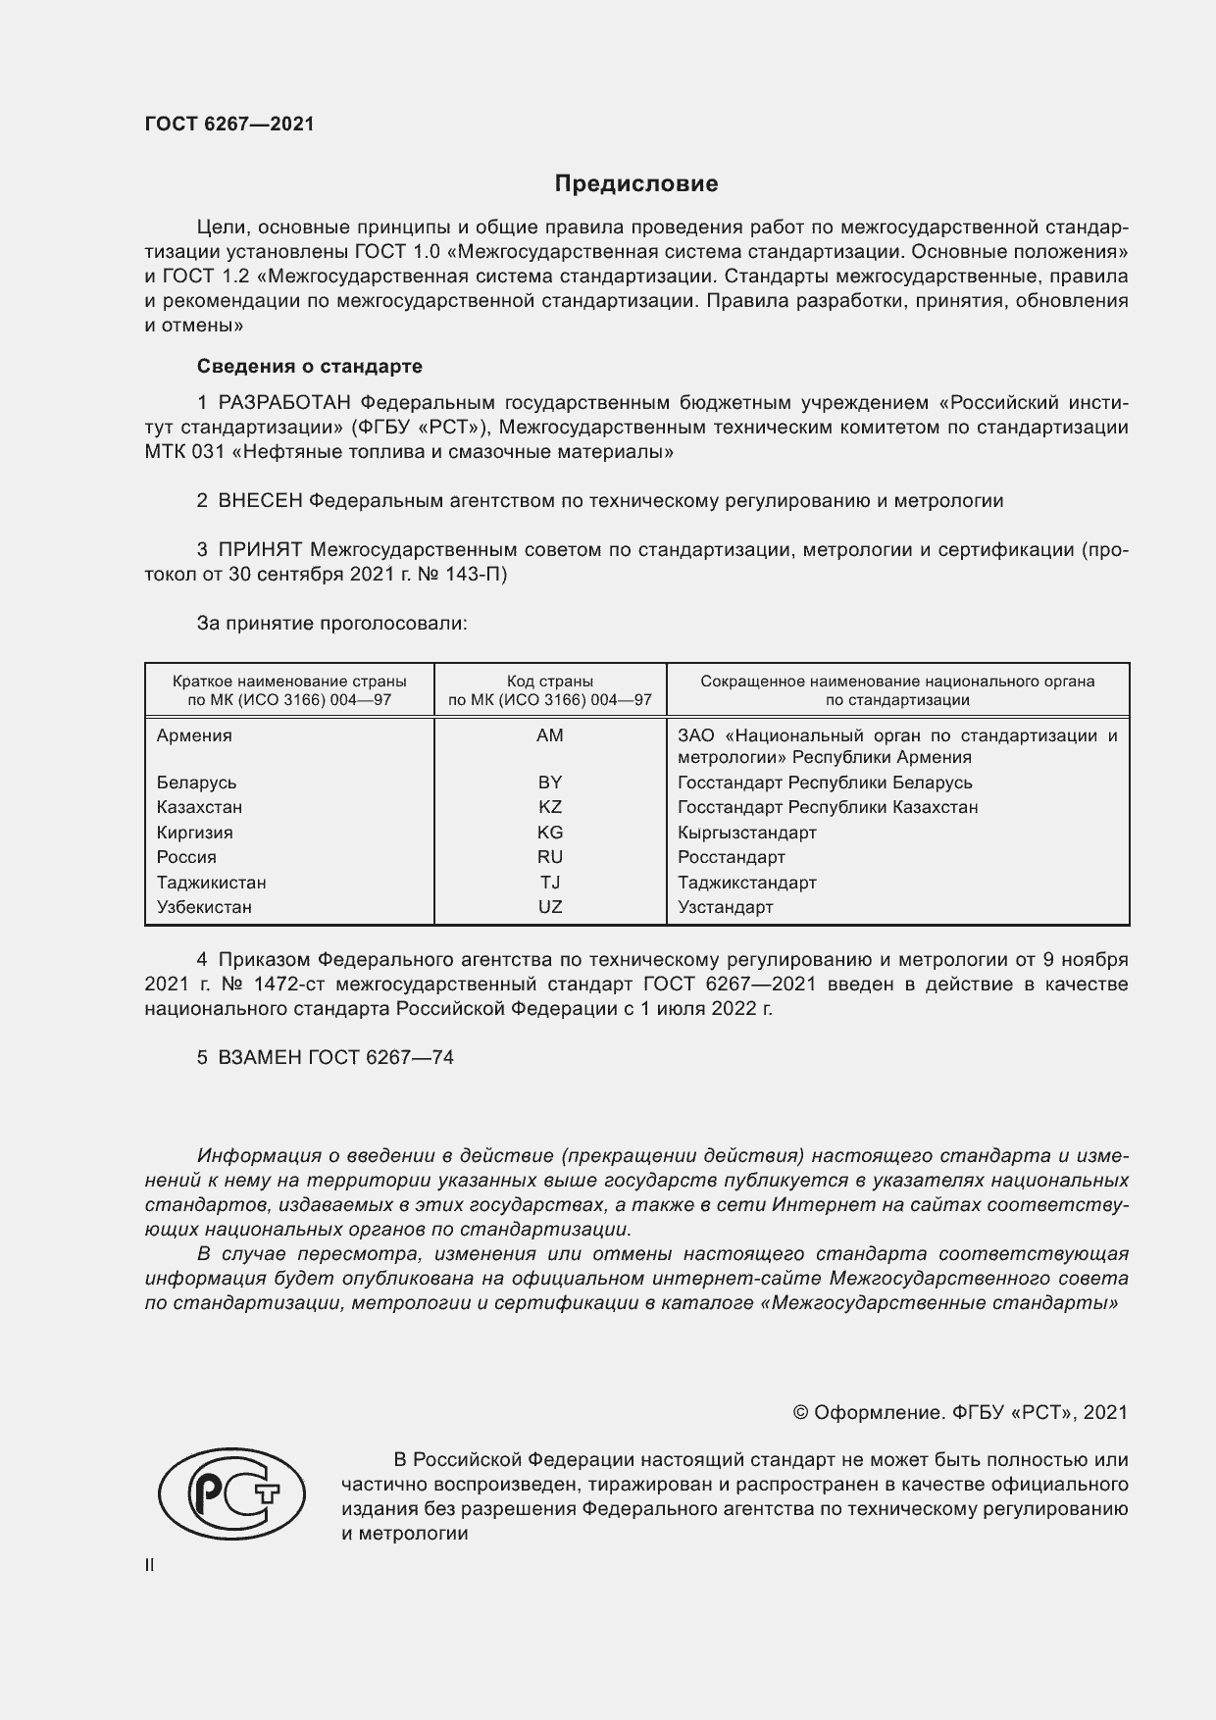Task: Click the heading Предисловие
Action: point(636,183)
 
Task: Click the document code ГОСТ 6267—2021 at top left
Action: point(229,124)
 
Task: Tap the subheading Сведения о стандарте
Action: point(310,366)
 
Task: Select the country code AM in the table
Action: point(550,735)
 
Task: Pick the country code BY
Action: point(550,783)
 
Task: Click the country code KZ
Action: point(550,807)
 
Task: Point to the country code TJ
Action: point(550,883)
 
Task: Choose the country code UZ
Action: point(550,907)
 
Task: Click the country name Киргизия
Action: point(195,833)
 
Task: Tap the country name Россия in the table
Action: point(186,857)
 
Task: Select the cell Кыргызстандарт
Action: point(746,833)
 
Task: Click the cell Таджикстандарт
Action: point(746,883)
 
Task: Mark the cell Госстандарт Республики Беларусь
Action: point(825,783)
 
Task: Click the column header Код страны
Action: point(550,681)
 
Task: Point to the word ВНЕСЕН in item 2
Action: point(261,501)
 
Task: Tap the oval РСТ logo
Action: point(232,1494)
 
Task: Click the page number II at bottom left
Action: point(150,1565)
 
